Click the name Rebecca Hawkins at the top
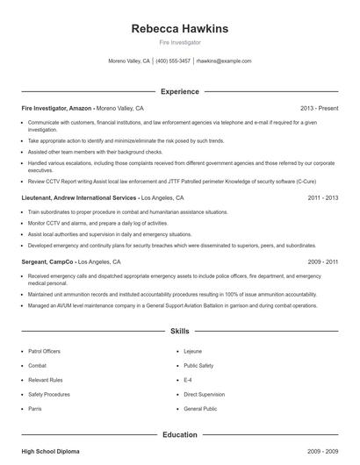pyautogui.click(x=179, y=28)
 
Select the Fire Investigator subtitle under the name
pyautogui.click(x=179, y=42)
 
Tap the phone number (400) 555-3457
pyautogui.click(x=173, y=61)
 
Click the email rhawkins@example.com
pyautogui.click(x=224, y=61)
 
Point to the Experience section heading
pyautogui.click(x=179, y=91)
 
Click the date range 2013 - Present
pyautogui.click(x=319, y=108)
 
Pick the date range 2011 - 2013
pyautogui.click(x=322, y=197)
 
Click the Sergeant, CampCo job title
pyautogui.click(x=47, y=261)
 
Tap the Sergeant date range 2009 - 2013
pyautogui.click(x=322, y=261)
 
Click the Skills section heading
pyautogui.click(x=179, y=332)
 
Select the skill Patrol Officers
pyautogui.click(x=45, y=351)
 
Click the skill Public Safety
pyautogui.click(x=199, y=365)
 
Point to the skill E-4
pyautogui.click(x=188, y=380)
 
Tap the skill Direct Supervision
pyautogui.click(x=205, y=394)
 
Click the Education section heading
pyautogui.click(x=179, y=434)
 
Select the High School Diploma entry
pyautogui.click(x=50, y=451)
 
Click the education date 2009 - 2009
pyautogui.click(x=322, y=451)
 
